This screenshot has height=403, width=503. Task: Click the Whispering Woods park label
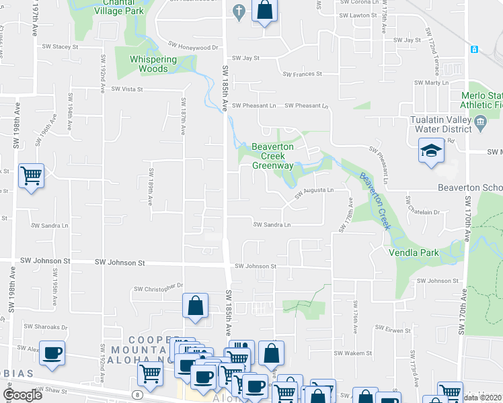149,64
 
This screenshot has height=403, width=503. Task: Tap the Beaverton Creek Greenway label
272,156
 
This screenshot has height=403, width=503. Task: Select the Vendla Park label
414,253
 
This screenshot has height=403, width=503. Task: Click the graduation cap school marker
430,151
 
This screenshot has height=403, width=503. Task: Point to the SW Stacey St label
61,47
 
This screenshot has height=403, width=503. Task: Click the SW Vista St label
128,89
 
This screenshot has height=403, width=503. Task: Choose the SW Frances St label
302,74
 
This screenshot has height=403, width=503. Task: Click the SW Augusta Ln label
313,191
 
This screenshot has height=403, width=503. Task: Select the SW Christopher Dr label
159,288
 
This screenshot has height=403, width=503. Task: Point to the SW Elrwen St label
393,328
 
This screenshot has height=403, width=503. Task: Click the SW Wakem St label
352,353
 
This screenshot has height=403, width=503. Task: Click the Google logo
22,395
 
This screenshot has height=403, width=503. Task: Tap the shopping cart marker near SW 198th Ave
31,176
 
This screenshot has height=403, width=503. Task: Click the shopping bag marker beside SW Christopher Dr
194,306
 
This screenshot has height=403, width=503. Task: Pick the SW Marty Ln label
431,82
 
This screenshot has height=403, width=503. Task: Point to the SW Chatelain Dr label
422,212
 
